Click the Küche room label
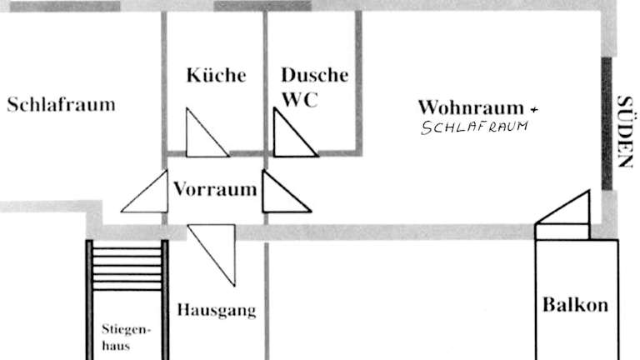[x=217, y=75]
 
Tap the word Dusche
[x=315, y=75]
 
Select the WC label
[x=300, y=100]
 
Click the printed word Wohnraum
[x=471, y=107]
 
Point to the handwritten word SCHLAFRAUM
[x=474, y=127]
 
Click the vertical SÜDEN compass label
[x=624, y=132]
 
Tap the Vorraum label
[x=216, y=189]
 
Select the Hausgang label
[x=217, y=310]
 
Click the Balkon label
[x=575, y=305]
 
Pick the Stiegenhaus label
[x=126, y=337]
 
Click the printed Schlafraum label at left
[x=61, y=104]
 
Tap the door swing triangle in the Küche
[x=207, y=132]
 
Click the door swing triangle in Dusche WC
[x=296, y=132]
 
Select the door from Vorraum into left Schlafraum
[x=144, y=192]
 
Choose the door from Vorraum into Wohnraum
[x=287, y=192]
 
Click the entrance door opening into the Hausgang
[x=212, y=255]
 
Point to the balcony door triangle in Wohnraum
[x=562, y=207]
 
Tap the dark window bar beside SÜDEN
[x=607, y=123]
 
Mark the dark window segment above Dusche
[x=262, y=6]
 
